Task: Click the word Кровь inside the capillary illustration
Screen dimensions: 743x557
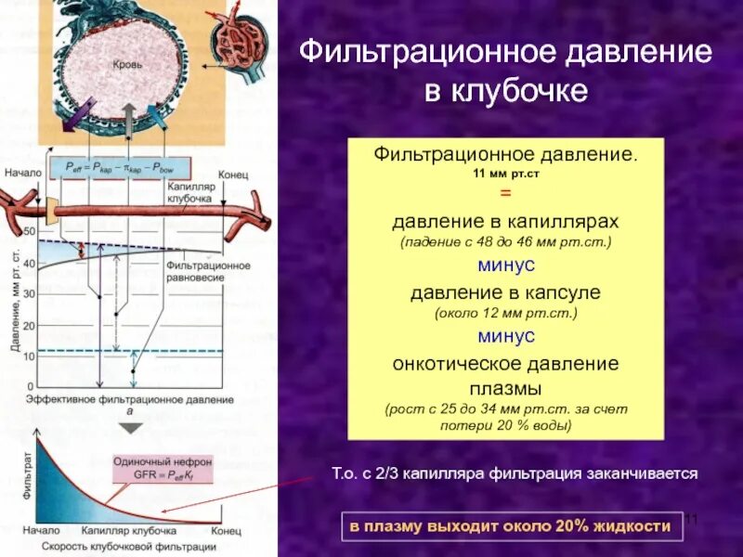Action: [x=126, y=67]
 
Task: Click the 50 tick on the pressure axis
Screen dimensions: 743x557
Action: [x=29, y=230]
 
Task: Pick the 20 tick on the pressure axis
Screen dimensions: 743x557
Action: [x=29, y=326]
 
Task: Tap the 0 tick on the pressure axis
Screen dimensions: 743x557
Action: [x=31, y=386]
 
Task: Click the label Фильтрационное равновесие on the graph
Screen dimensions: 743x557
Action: [x=208, y=270]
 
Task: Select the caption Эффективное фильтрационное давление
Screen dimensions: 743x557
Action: [x=129, y=399]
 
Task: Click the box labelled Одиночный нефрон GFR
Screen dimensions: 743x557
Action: [x=163, y=467]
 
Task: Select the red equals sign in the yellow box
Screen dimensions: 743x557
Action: [x=505, y=192]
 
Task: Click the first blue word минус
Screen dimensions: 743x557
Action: [x=505, y=266]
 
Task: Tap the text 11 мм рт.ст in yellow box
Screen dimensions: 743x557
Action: [x=505, y=173]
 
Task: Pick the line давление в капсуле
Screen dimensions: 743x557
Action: [x=505, y=292]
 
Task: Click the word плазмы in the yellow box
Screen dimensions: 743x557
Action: [x=505, y=386]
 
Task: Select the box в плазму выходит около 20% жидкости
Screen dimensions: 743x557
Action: [x=510, y=526]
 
